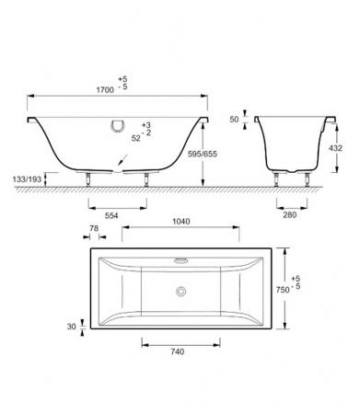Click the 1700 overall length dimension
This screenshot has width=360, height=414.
coord(105,90)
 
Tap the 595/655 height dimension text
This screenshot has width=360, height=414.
coord(203,154)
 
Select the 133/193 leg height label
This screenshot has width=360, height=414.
coord(27,179)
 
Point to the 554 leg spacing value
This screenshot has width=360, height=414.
coord(111,215)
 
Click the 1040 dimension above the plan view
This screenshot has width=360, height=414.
coord(181,221)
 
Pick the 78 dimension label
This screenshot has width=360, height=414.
coord(94,228)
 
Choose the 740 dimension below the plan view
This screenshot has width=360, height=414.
coord(178,351)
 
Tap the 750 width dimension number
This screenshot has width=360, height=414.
coord(283,290)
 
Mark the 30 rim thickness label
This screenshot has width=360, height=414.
coord(72,327)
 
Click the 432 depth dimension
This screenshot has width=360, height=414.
coord(335,148)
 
